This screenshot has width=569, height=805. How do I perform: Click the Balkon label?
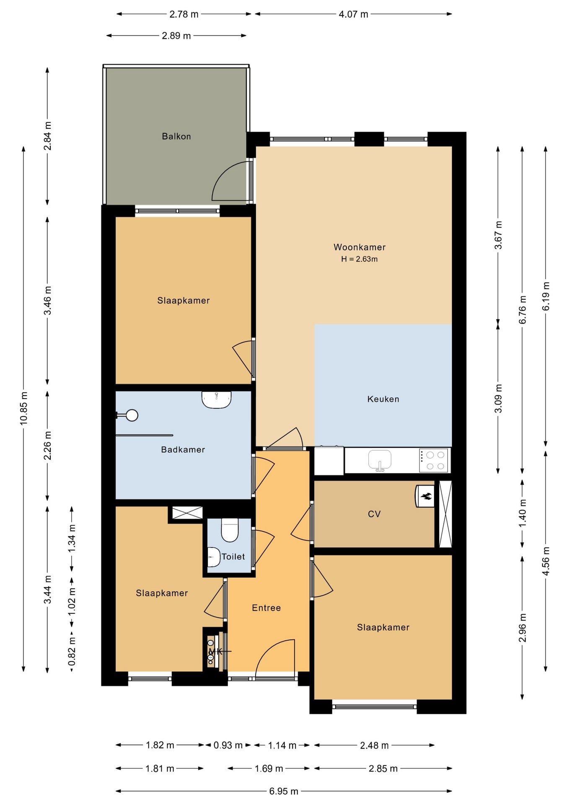(176, 136)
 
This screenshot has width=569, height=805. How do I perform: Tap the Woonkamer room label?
(360, 247)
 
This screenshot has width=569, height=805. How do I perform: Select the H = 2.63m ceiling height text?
(359, 259)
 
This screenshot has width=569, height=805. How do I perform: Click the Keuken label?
(383, 399)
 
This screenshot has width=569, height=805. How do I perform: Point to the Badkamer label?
(183, 449)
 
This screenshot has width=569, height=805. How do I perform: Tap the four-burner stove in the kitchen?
(434, 460)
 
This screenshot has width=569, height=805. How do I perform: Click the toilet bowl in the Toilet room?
(229, 530)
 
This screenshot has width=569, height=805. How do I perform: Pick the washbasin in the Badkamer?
(216, 400)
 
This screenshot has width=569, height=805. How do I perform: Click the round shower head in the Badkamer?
(132, 415)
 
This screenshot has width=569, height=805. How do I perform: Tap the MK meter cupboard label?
(215, 652)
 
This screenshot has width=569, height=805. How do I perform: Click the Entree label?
(266, 608)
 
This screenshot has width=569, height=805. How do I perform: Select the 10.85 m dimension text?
(23, 408)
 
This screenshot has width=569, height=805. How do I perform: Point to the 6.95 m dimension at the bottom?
(284, 791)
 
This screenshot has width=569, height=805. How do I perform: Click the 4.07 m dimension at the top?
(353, 14)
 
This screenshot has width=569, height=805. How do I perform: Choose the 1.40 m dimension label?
(522, 514)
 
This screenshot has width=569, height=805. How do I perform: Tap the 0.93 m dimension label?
(228, 745)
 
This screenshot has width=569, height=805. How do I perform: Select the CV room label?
(374, 514)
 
